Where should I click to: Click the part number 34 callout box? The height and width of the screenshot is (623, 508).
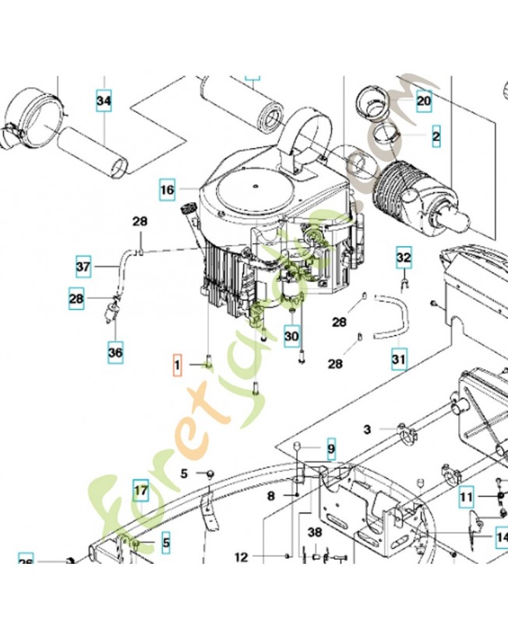click(104, 101)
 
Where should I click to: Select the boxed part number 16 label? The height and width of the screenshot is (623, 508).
click(168, 190)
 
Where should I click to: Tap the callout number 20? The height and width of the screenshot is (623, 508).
click(423, 101)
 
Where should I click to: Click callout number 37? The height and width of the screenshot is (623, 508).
click(84, 267)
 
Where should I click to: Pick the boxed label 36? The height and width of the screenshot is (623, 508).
click(115, 353)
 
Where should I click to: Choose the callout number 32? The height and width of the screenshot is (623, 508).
click(404, 257)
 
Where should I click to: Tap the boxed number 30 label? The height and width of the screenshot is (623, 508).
click(291, 336)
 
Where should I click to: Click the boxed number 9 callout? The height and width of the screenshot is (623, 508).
click(330, 450)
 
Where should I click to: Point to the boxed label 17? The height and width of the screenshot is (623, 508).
click(140, 491)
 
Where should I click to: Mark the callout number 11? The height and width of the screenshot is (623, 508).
click(466, 496)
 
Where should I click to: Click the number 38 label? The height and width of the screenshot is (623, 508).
click(315, 533)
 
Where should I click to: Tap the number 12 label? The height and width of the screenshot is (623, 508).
click(241, 557)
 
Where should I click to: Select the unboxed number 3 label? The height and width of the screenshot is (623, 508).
click(367, 429)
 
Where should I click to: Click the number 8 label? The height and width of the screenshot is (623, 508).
click(271, 495)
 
